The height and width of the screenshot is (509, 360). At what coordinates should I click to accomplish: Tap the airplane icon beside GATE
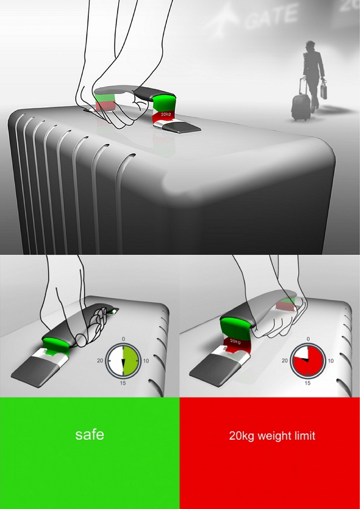coord(225,17)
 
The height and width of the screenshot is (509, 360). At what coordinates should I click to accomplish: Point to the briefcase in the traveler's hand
coord(323,90)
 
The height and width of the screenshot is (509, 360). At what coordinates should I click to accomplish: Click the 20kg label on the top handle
coord(166,114)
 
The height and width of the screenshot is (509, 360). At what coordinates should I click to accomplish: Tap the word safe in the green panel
coord(90,435)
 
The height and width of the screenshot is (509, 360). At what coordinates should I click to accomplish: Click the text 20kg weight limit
coord(272,435)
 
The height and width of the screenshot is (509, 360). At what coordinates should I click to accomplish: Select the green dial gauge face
coord(123,361)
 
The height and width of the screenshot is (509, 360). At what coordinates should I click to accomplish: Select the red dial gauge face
coord(308,361)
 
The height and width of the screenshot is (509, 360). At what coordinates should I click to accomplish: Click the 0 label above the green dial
coord(123,339)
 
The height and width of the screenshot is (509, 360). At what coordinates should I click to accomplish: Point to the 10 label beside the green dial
coord(146,361)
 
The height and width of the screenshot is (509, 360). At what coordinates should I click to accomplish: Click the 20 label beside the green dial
coord(100,360)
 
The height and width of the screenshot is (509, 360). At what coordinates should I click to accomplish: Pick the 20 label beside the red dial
coord(285,360)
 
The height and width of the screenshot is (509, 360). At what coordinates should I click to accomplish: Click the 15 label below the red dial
coord(308,383)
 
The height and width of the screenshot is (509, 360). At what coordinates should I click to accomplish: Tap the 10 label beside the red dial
coord(331,360)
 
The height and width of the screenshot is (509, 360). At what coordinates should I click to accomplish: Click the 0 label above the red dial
coord(308,339)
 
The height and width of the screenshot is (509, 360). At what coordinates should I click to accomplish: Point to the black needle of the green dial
coord(123,367)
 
